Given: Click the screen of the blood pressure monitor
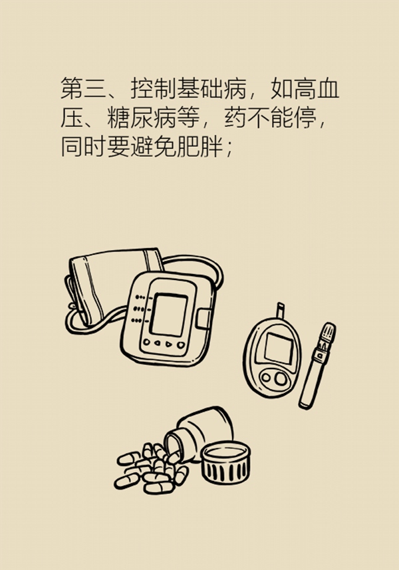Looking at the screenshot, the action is [x=169, y=315].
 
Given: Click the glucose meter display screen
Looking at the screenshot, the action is [x=279, y=348].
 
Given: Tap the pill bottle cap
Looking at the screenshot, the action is [x=226, y=462].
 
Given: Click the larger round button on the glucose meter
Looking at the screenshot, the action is [x=281, y=378].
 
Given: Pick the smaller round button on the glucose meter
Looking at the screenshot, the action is [x=267, y=377].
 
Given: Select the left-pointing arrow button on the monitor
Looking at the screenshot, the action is [x=157, y=343].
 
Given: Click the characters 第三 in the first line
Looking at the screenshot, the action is [x=83, y=88].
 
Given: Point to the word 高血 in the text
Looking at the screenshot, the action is [x=316, y=88].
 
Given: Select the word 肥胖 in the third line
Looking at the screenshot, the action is [x=199, y=147].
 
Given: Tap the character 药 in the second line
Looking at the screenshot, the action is [x=235, y=118].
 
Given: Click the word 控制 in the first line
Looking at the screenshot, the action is [x=153, y=88].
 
